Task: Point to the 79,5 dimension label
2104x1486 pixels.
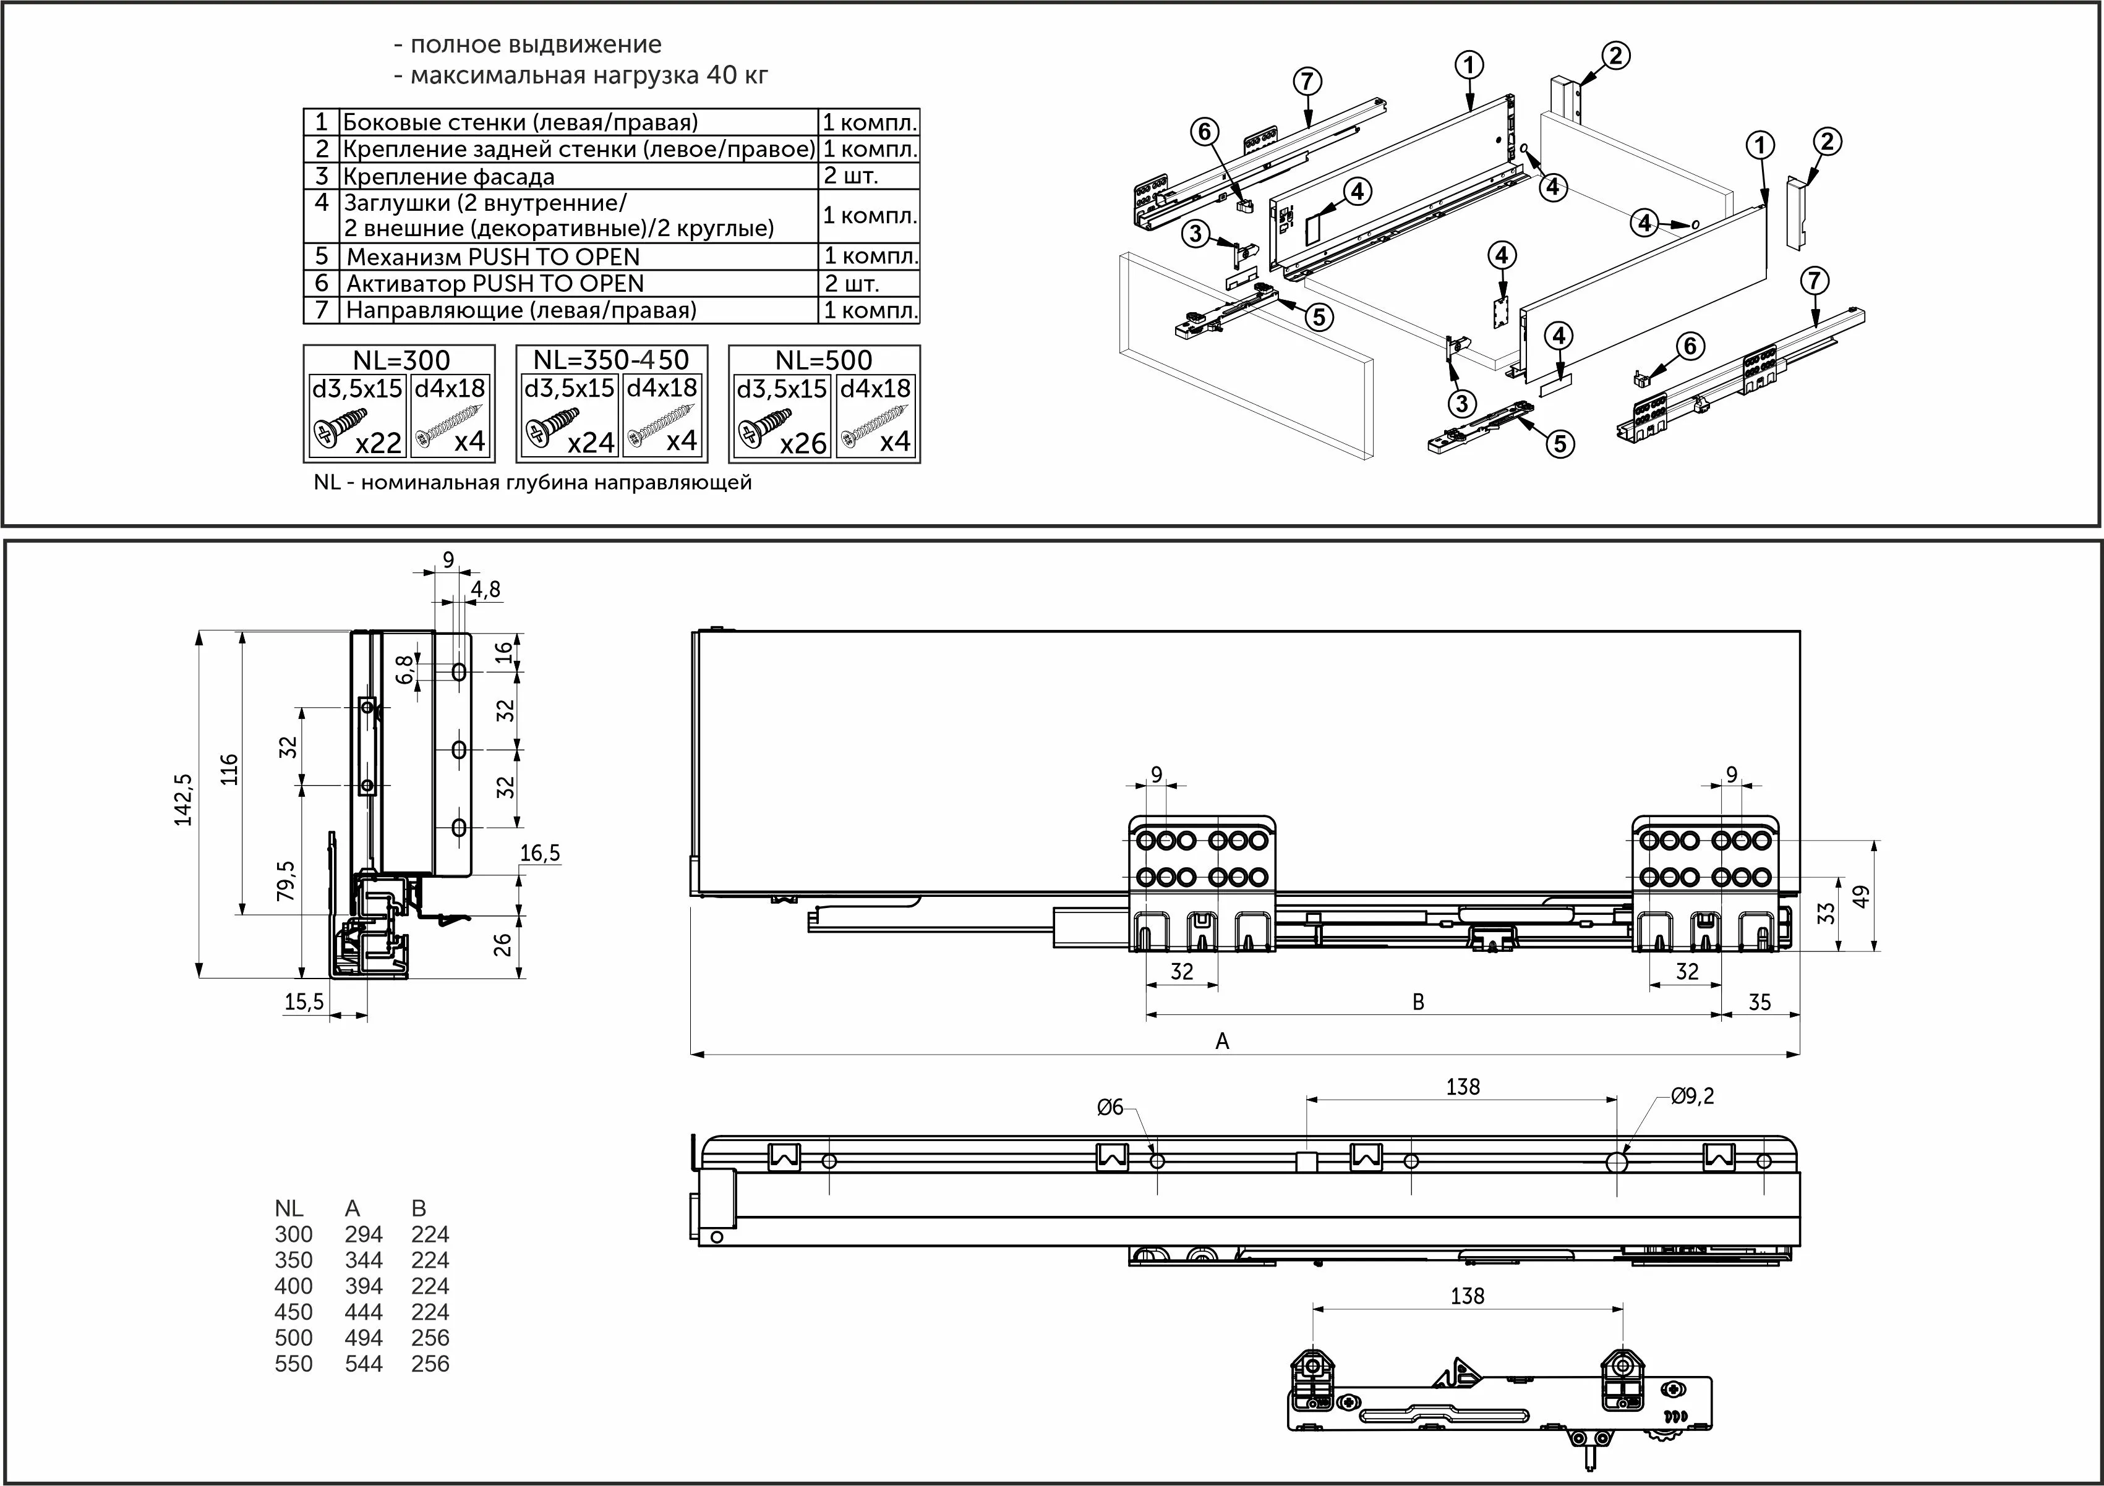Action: tap(287, 880)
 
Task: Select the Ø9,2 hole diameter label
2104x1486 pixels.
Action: tap(1691, 1096)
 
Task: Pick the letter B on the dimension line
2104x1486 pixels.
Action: tap(1418, 1002)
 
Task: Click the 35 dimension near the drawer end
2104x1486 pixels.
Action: tap(1760, 1002)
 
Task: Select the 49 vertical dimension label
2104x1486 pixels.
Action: tap(1861, 897)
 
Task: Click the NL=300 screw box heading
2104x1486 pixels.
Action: tap(401, 360)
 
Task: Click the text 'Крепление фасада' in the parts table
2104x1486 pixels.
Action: tap(448, 177)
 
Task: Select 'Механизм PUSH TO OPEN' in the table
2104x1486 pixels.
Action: tap(492, 257)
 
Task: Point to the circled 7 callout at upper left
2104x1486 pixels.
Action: tap(1307, 82)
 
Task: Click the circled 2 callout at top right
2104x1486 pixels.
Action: tap(1615, 56)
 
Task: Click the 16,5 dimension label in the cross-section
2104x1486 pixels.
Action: tap(540, 853)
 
